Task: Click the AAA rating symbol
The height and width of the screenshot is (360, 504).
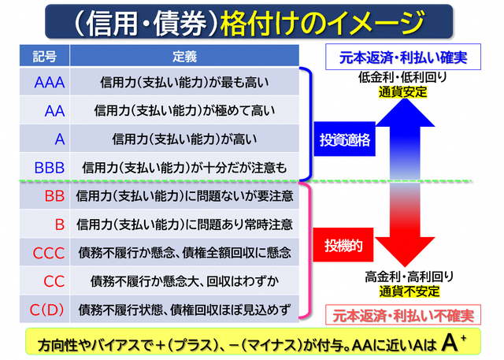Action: (x=50, y=83)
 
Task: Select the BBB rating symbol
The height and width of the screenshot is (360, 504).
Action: (x=50, y=168)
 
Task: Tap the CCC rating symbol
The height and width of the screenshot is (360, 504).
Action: (x=49, y=253)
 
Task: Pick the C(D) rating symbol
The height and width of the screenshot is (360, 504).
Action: (x=46, y=310)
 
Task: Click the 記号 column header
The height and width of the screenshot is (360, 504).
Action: (x=45, y=57)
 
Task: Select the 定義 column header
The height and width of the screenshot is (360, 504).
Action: (x=184, y=57)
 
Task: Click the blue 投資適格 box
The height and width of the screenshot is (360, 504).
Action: (x=345, y=139)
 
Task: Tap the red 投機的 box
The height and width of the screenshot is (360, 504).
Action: (x=343, y=245)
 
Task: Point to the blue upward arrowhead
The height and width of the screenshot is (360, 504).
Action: (x=406, y=113)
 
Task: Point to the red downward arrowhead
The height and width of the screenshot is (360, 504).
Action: (x=405, y=251)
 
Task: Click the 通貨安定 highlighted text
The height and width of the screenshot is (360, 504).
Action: (x=402, y=92)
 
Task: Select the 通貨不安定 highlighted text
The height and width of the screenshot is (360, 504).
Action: (x=409, y=291)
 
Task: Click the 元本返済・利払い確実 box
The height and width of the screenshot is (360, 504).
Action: (x=403, y=57)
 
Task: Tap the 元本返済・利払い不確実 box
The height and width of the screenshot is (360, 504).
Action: (x=403, y=315)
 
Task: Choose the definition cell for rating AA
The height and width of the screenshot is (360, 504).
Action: (x=184, y=111)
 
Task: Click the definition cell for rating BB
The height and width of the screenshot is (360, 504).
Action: (x=184, y=196)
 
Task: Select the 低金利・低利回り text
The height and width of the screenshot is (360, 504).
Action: (x=402, y=77)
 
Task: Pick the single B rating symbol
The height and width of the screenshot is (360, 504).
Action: (x=60, y=225)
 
